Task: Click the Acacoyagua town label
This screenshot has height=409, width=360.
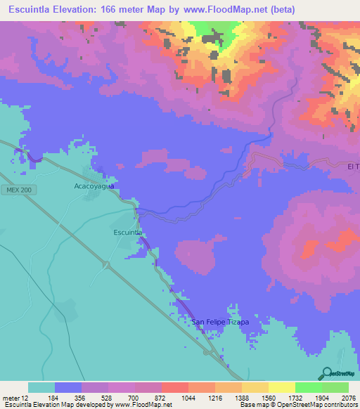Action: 94,186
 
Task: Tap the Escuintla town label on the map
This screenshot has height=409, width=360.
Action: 129,231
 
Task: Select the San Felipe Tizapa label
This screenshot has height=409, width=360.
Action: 220,323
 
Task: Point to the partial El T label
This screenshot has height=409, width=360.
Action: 353,167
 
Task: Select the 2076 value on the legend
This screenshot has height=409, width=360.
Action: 348,397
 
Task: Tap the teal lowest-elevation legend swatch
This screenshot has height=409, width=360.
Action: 41,387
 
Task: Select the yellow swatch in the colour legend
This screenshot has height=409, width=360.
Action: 281,387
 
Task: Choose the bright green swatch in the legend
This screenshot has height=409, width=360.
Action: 308,387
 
